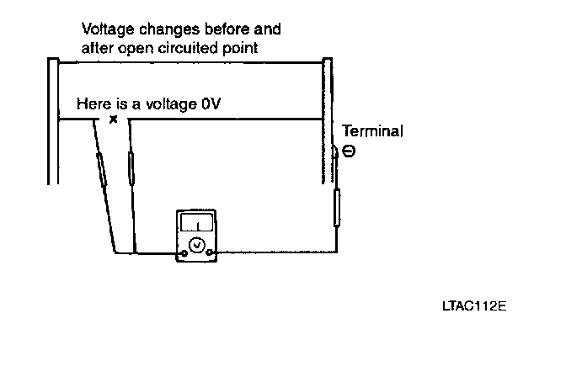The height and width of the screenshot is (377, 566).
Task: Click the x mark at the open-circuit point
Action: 114,119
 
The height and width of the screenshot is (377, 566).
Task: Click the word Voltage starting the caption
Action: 106,29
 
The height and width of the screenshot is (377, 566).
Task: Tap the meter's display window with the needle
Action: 196,223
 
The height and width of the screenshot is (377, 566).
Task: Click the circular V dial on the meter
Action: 196,244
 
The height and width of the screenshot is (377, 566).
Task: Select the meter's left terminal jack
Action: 183,252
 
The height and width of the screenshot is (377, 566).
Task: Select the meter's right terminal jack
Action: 211,252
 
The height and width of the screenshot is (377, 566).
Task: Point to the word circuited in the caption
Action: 190,48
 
